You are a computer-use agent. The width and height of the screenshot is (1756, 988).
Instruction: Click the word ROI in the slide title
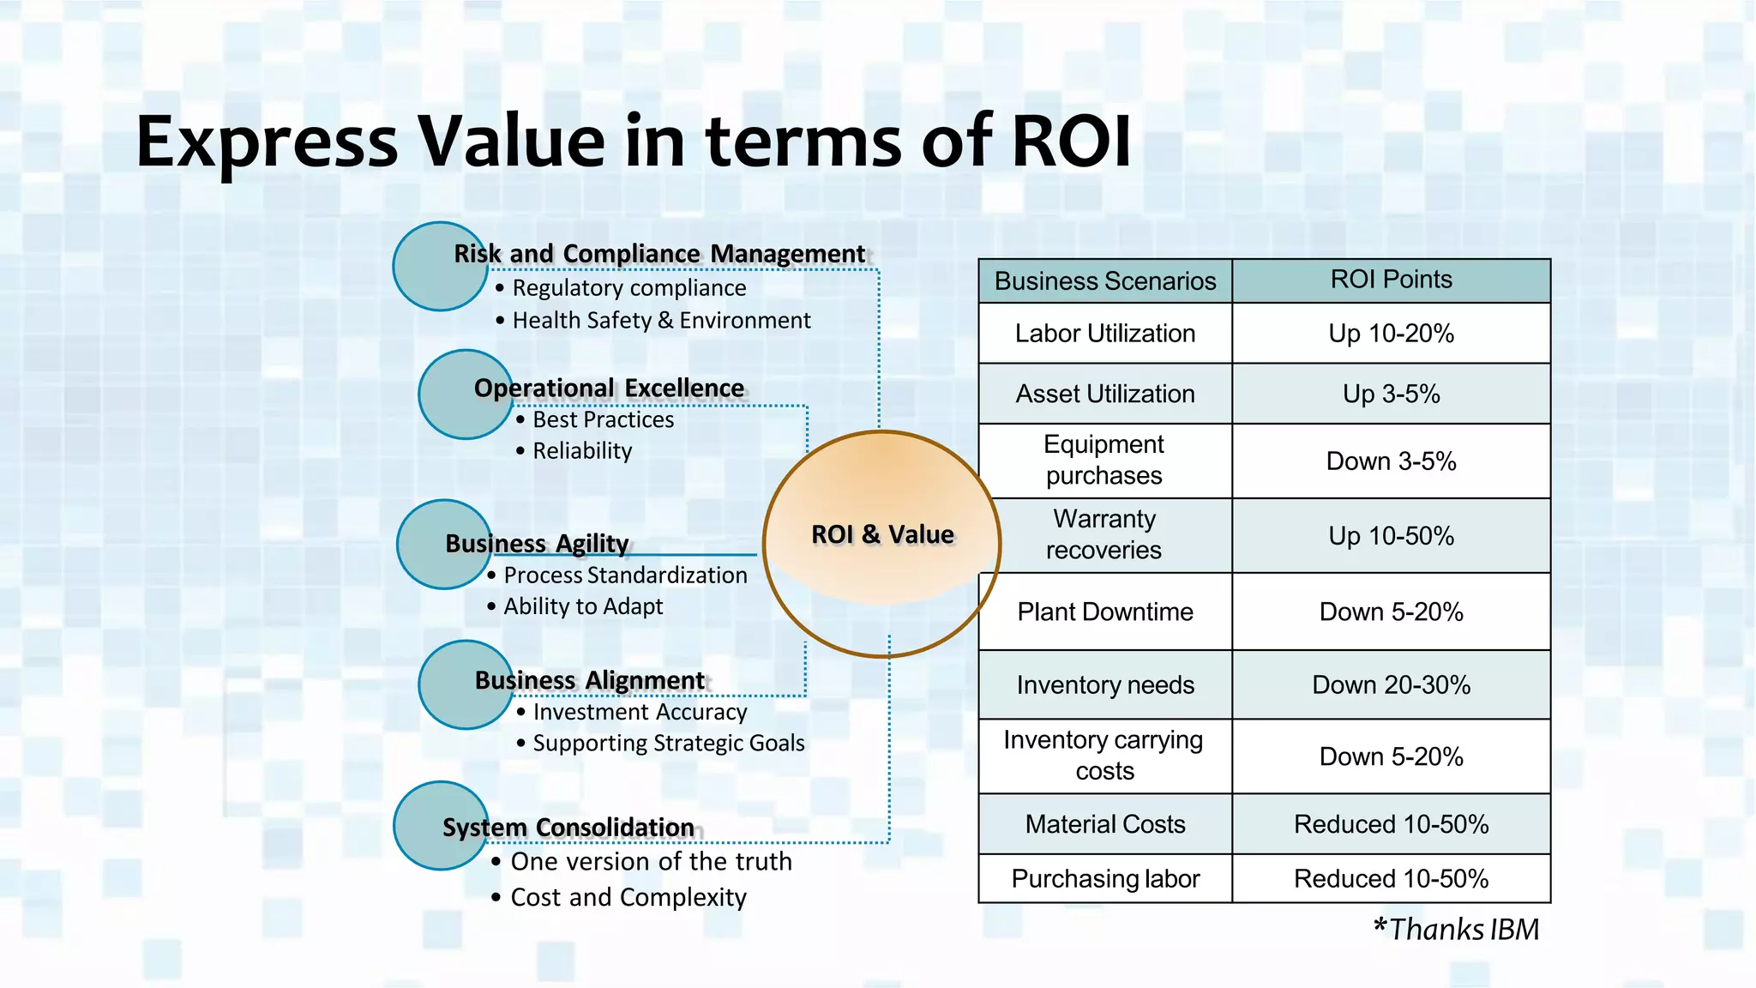tap(1071, 141)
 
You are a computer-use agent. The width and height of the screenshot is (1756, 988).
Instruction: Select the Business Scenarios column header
tap(1105, 281)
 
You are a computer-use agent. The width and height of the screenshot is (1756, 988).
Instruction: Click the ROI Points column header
tap(1391, 280)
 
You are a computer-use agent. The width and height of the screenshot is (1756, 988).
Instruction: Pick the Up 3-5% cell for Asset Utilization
tap(1391, 394)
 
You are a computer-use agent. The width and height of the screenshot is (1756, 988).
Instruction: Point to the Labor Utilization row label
tap(1105, 334)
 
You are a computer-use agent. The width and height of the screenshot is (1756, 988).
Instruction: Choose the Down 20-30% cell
tap(1391, 685)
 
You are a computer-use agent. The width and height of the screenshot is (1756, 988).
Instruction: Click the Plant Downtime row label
tap(1105, 612)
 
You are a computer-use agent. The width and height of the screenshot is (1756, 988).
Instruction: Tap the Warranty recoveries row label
tap(1104, 534)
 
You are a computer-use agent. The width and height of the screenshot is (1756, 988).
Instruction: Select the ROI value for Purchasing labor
tap(1391, 879)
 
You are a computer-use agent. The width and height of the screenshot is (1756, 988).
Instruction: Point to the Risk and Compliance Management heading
tap(659, 254)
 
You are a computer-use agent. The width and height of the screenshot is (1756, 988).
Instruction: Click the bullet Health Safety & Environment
tap(661, 321)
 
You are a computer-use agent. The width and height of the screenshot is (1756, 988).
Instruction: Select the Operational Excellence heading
tap(609, 389)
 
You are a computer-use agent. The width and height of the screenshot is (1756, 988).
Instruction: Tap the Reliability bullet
tap(582, 451)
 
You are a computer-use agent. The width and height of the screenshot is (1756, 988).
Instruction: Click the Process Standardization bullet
tap(625, 575)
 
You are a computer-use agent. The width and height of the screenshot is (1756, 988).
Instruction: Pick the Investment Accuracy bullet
tap(640, 713)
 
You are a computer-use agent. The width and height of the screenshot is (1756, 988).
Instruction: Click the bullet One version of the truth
tap(651, 862)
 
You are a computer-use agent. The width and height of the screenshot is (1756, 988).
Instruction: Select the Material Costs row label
tap(1105, 825)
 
